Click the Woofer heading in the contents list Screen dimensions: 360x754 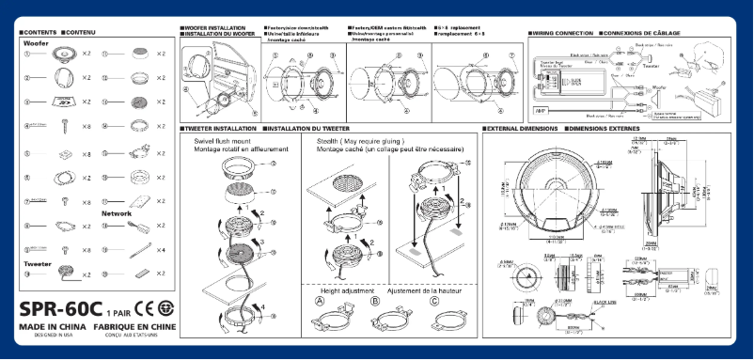tap(37, 43)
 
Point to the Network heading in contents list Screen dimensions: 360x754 tap(116, 213)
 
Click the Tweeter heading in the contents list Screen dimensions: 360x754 tap(38, 264)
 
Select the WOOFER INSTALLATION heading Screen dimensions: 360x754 tap(217, 29)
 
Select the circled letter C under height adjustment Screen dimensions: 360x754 tap(434, 303)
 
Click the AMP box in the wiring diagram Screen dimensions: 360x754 tap(541, 111)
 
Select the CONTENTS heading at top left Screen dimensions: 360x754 tap(39, 33)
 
